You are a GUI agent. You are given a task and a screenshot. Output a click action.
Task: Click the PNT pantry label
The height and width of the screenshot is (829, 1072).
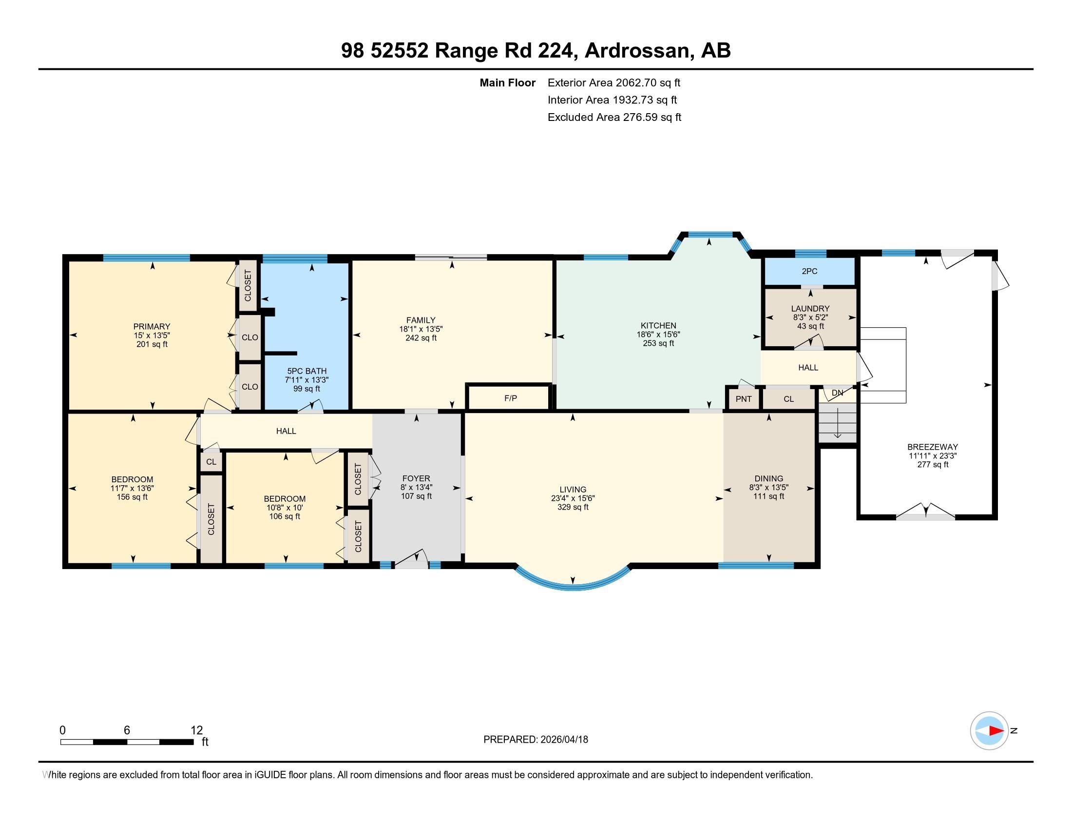tap(743, 399)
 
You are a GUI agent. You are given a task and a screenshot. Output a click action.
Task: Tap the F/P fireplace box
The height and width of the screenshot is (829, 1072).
tap(510, 398)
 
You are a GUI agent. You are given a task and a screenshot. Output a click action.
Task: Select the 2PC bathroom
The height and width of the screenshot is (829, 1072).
tap(809, 271)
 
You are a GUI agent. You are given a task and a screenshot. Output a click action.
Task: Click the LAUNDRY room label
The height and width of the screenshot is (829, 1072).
tap(810, 308)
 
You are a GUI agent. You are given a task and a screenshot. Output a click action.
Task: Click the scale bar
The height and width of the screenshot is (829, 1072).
tap(127, 742)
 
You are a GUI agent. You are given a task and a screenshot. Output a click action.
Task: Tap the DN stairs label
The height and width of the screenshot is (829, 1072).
tap(837, 393)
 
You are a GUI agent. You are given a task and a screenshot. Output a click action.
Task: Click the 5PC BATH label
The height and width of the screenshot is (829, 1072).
tap(307, 371)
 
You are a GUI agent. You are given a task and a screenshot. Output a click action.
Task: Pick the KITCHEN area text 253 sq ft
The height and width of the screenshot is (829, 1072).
tap(658, 343)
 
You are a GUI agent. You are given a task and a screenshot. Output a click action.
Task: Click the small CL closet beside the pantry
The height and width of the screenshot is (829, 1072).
tap(788, 399)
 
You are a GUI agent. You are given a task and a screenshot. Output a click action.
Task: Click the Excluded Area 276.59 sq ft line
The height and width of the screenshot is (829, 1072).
tap(614, 118)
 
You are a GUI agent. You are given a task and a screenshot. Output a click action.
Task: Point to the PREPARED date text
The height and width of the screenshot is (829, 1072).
tap(536, 740)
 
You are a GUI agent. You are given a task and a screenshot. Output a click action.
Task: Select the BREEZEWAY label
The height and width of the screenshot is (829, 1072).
tap(932, 447)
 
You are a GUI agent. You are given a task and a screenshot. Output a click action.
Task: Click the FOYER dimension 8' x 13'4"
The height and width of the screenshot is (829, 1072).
tap(416, 487)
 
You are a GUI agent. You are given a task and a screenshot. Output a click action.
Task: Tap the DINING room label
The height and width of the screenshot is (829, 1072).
tap(768, 478)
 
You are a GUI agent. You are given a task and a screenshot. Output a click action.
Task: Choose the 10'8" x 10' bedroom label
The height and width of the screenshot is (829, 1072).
tap(284, 508)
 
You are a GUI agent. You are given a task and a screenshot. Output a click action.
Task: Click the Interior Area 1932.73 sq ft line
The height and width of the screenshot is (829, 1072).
tap(612, 100)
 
